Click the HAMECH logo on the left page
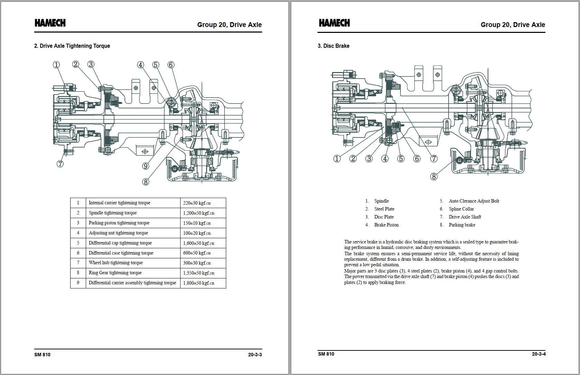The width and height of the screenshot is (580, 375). pyautogui.click(x=50, y=23)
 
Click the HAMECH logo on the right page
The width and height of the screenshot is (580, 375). pyautogui.click(x=334, y=23)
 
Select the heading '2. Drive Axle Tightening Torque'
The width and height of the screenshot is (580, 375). pyautogui.click(x=72, y=46)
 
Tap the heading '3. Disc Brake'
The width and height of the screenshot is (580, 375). pyautogui.click(x=333, y=46)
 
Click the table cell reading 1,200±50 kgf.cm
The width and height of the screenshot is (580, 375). pyautogui.click(x=199, y=213)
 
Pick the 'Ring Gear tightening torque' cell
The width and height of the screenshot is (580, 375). pyautogui.click(x=115, y=273)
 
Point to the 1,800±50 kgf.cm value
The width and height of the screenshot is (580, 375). pyautogui.click(x=199, y=283)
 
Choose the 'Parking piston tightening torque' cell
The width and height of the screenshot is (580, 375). pyautogui.click(x=119, y=223)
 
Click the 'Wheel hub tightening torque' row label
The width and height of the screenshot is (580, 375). pyautogui.click(x=116, y=263)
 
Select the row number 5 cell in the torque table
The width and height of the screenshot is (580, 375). pyautogui.click(x=78, y=243)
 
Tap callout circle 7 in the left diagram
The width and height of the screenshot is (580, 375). pyautogui.click(x=60, y=164)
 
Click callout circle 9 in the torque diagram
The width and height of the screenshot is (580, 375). pyautogui.click(x=146, y=166)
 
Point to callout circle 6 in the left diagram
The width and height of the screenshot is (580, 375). pyautogui.click(x=171, y=65)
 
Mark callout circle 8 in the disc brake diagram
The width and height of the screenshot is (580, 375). pyautogui.click(x=434, y=177)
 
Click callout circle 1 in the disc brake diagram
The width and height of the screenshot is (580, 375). pyautogui.click(x=337, y=159)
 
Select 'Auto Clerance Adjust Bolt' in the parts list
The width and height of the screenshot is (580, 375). pyautogui.click(x=474, y=201)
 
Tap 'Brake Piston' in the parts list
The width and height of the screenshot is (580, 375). pyautogui.click(x=386, y=225)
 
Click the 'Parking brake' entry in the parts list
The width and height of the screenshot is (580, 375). pyautogui.click(x=462, y=225)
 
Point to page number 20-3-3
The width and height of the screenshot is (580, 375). pyautogui.click(x=255, y=355)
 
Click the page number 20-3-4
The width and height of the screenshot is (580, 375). pyautogui.click(x=538, y=354)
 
